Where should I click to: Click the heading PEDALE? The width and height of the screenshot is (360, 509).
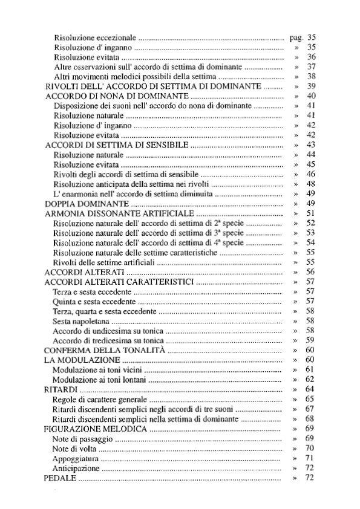tap(60, 478)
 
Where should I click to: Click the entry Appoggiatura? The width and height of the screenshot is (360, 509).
tap(74, 459)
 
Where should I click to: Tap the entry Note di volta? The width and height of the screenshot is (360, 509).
tap(74, 449)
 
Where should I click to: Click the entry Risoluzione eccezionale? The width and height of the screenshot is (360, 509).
tap(95, 37)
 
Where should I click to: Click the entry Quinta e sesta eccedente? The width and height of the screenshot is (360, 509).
tap(94, 301)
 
